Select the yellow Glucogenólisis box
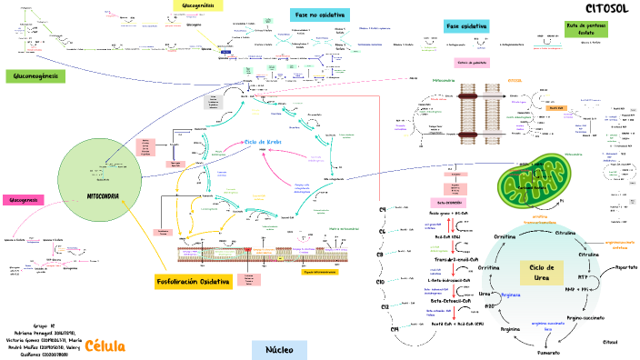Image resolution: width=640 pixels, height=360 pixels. (198, 5)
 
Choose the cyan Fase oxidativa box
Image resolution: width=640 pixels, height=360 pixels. (466, 26)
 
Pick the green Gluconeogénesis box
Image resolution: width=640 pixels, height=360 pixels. (35, 76)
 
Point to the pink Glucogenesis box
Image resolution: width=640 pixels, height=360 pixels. (23, 200)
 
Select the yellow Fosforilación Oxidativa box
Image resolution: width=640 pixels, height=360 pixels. (194, 282)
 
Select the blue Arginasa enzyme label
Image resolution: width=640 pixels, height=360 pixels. (510, 295)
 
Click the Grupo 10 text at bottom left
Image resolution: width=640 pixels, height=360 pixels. (45, 325)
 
